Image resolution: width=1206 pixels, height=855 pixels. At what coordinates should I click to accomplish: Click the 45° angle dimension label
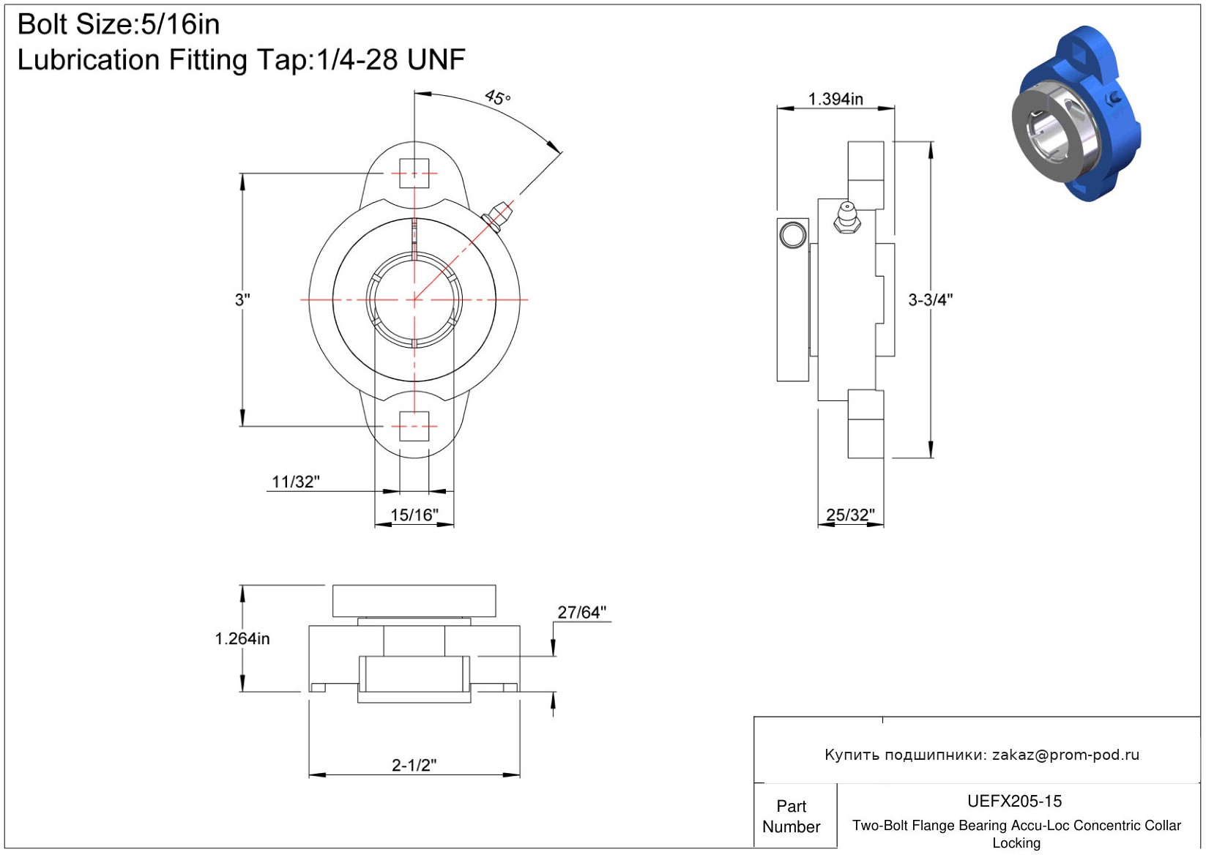coord(497,97)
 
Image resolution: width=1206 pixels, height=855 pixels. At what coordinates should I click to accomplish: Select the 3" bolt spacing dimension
coord(242,299)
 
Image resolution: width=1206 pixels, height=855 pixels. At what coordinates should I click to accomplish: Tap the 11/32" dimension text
coord(296,482)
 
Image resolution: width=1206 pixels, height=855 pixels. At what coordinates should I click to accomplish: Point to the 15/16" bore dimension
coord(414,515)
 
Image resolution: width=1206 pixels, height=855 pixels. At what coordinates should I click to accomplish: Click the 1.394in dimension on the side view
coord(835,99)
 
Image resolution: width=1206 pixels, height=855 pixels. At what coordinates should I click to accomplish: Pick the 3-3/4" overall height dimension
coord(931,299)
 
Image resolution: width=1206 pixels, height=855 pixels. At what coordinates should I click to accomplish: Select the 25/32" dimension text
coord(851,515)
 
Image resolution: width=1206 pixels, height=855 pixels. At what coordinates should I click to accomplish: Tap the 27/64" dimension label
coord(581,612)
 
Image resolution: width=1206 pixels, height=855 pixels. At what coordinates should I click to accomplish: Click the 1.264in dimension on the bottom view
coord(242,639)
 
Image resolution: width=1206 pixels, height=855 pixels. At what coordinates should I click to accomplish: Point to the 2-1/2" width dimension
coord(414,765)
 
